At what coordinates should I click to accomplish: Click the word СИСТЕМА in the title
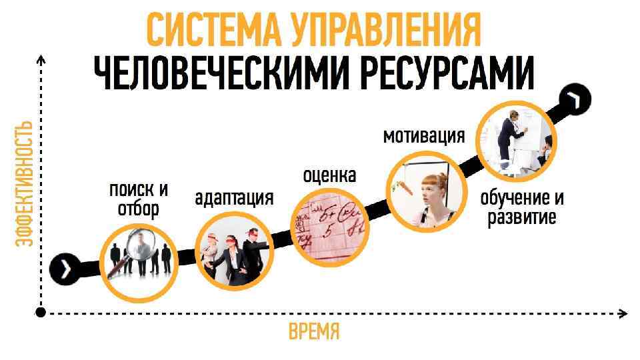(214, 30)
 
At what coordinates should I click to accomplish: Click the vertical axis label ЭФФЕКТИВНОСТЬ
(25, 183)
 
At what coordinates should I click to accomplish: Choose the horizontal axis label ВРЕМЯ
(314, 331)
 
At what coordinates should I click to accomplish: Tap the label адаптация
(234, 198)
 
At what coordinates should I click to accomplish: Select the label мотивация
(423, 136)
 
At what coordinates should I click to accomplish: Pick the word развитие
(521, 218)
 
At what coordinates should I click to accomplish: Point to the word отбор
(139, 209)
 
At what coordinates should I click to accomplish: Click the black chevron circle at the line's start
(63, 268)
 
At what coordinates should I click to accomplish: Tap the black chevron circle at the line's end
(574, 100)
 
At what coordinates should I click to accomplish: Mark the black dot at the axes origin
(41, 312)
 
